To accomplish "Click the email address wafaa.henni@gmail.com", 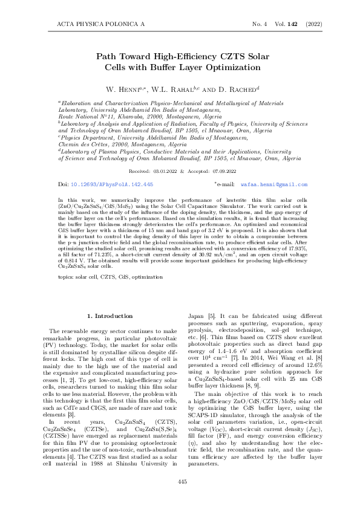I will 278,183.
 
